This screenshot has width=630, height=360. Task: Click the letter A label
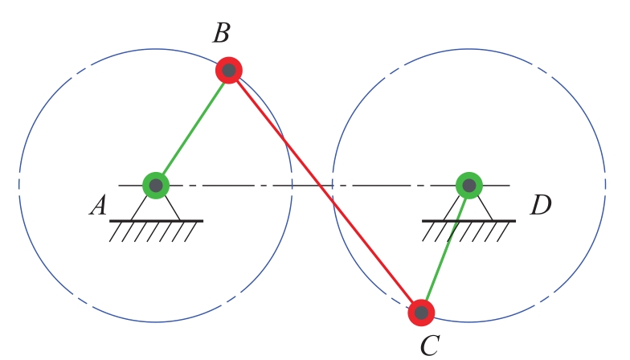(99, 207)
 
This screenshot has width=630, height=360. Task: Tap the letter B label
(222, 34)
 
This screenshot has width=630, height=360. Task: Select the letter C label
(430, 346)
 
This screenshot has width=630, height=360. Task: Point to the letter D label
(540, 206)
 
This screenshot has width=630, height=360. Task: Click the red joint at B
(229, 71)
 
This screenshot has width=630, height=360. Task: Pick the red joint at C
(421, 312)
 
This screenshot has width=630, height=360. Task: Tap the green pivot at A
(156, 186)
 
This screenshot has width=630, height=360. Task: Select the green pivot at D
(468, 186)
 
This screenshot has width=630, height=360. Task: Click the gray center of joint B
(229, 71)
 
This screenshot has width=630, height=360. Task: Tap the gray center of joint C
(421, 312)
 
